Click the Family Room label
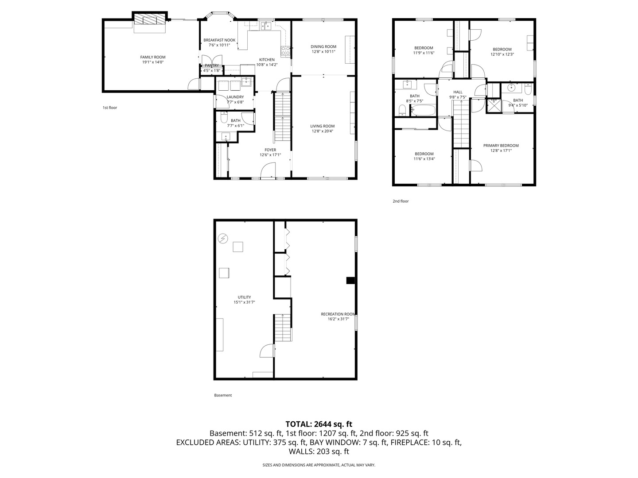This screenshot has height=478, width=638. click(153, 57)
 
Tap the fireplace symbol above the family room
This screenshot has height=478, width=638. click(150, 20)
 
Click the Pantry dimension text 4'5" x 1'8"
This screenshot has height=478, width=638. click(211, 70)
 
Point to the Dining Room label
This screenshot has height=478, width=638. click(323, 46)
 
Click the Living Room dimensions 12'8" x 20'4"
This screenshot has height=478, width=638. click(322, 131)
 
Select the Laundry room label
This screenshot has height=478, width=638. click(235, 97)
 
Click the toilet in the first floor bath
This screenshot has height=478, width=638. click(224, 118)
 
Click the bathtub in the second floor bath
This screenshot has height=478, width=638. click(423, 110)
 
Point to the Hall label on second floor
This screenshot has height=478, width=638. click(458, 92)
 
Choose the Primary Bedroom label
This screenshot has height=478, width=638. click(501, 146)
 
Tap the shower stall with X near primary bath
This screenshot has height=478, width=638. click(493, 105)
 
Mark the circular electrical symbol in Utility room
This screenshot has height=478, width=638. click(222, 239)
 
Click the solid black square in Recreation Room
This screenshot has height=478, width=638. click(350, 280)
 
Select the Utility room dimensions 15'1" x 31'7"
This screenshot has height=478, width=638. click(244, 302)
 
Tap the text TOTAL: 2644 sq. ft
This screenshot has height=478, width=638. click(319, 424)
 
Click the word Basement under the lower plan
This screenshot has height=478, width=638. click(223, 395)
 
